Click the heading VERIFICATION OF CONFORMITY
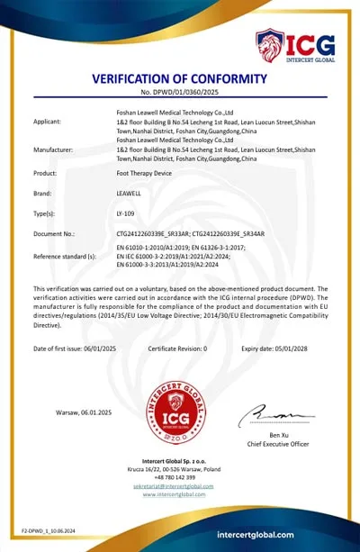[x=180, y=79]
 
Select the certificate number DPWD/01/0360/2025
[x=180, y=93]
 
